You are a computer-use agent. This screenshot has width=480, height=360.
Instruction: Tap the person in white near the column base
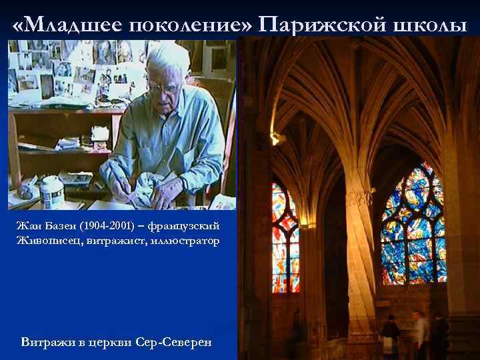(x=419, y=333)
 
